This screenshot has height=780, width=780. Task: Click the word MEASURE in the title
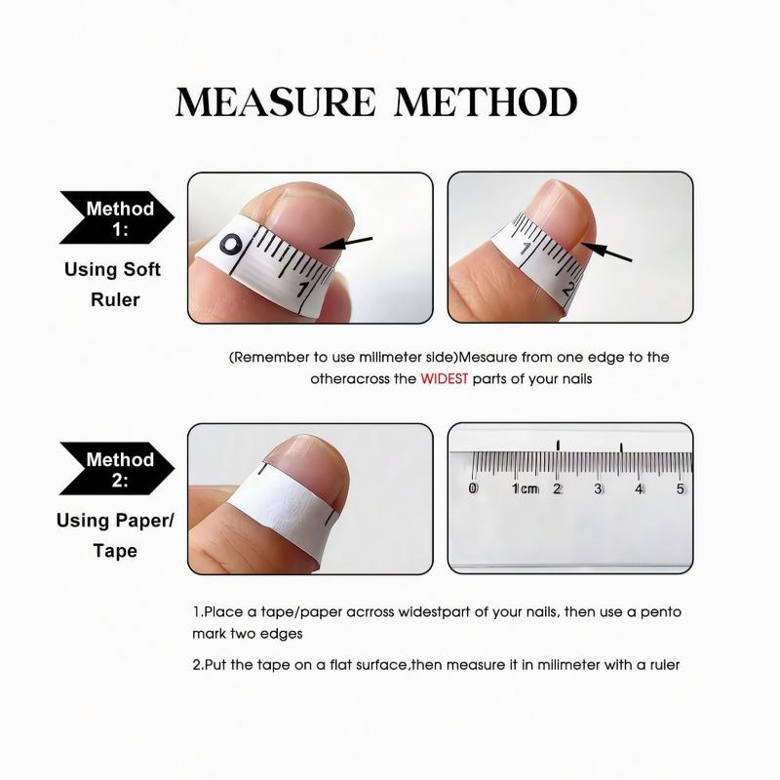(274, 101)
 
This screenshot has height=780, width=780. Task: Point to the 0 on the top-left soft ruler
(230, 244)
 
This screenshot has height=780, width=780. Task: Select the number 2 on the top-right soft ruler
(568, 289)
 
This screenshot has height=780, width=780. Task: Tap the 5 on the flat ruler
(681, 488)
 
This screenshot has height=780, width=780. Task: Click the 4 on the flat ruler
(640, 488)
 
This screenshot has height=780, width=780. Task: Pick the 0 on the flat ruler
(474, 488)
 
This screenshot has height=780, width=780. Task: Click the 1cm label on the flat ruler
(525, 488)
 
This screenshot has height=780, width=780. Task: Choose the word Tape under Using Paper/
(115, 551)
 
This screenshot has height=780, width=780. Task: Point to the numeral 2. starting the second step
(198, 665)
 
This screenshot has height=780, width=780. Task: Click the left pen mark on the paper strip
(261, 473)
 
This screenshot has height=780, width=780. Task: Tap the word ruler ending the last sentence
(659, 665)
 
